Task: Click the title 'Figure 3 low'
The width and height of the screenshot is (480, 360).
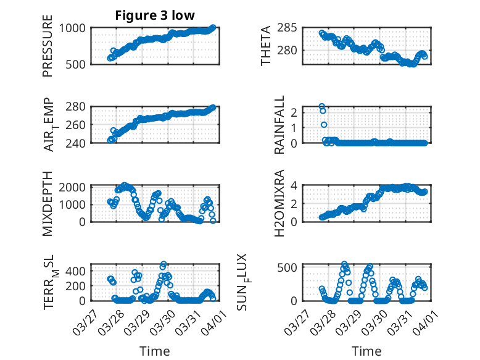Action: coord(155,15)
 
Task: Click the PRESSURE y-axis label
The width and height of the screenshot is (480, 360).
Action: coord(48,51)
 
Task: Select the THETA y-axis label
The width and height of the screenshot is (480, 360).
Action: coord(266,46)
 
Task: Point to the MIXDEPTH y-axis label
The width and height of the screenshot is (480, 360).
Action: coord(48,203)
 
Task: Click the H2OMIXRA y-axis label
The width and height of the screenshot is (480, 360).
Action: coord(279,203)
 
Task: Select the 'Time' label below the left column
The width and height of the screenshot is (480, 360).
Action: coord(154,351)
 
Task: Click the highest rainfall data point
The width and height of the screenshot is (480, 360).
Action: coord(321,107)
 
